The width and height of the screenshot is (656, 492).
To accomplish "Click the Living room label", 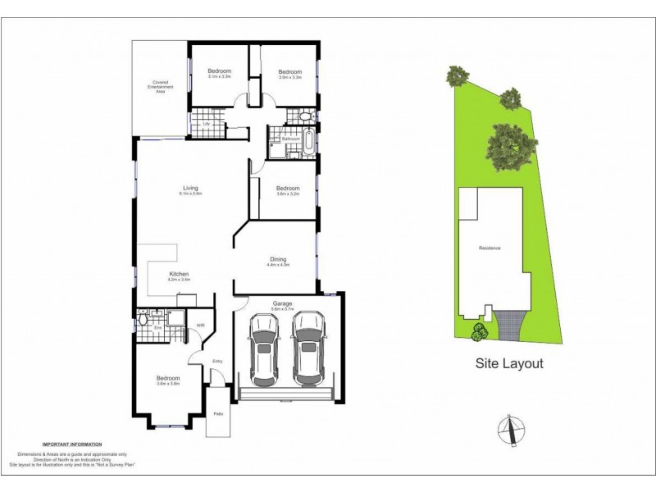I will (190, 190).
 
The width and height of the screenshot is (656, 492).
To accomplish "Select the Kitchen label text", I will (180, 276).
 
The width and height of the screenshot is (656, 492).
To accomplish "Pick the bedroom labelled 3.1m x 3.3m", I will (219, 73).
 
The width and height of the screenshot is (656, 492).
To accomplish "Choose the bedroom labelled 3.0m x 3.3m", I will (289, 73).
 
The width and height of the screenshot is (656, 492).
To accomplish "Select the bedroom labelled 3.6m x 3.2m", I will (288, 190).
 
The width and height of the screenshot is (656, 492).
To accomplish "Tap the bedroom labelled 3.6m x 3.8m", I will (167, 380).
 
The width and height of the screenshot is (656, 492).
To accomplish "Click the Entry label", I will (217, 361).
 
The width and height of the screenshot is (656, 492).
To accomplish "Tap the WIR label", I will (200, 326).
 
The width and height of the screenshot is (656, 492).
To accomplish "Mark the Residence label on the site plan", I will (490, 248).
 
